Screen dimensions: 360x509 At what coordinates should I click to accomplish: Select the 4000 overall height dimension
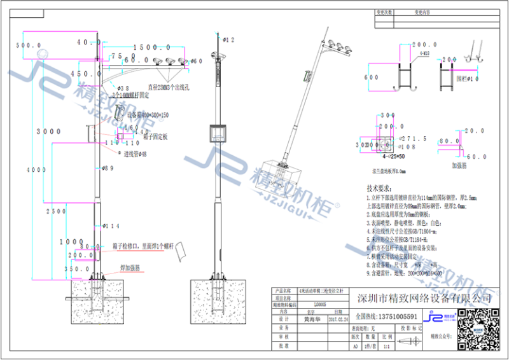click(30, 170)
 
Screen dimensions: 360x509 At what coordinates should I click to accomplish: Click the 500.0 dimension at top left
click(28, 46)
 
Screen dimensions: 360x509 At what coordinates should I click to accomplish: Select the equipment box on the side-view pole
click(218, 134)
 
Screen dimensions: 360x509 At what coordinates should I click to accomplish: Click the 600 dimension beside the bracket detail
click(371, 77)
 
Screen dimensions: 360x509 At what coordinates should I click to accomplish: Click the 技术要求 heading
click(381, 189)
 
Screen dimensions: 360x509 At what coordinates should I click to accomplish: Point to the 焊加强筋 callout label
click(132, 269)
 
